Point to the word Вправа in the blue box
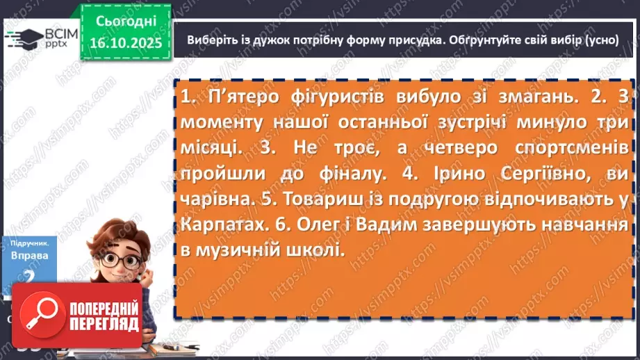point(29,255)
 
